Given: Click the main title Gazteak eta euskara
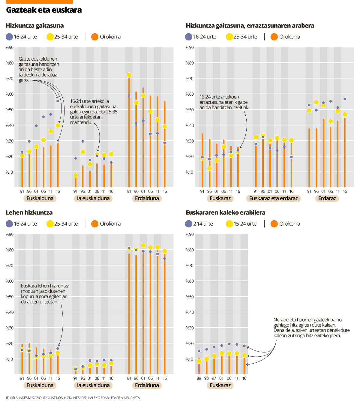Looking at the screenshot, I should tap(44, 10).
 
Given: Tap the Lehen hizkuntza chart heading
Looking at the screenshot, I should tap(29, 213).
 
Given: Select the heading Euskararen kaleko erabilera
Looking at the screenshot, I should tap(225, 213).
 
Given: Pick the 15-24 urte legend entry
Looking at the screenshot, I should tap(241, 224).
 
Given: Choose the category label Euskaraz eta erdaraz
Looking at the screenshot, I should tap(273, 198).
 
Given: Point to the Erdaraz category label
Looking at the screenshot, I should tap(327, 198).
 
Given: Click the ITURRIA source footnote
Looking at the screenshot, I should tap(73, 398).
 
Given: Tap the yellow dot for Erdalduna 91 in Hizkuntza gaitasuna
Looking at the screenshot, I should tap(129, 75).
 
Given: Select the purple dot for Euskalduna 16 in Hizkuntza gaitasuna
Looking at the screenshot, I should tap(58, 101).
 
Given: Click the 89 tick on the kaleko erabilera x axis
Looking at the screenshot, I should tap(199, 378).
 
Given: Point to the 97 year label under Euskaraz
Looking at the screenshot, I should tap(214, 378).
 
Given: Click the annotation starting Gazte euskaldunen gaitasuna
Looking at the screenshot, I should tap(39, 70).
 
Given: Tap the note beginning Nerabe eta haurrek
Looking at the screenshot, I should tap(311, 328).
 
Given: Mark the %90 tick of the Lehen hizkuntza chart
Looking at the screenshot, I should tap(10, 234).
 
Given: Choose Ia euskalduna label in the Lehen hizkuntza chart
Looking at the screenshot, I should tap(93, 385).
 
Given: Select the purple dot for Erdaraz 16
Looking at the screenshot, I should tap(345, 99).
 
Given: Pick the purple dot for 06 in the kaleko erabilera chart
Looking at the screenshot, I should tap(229, 344).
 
